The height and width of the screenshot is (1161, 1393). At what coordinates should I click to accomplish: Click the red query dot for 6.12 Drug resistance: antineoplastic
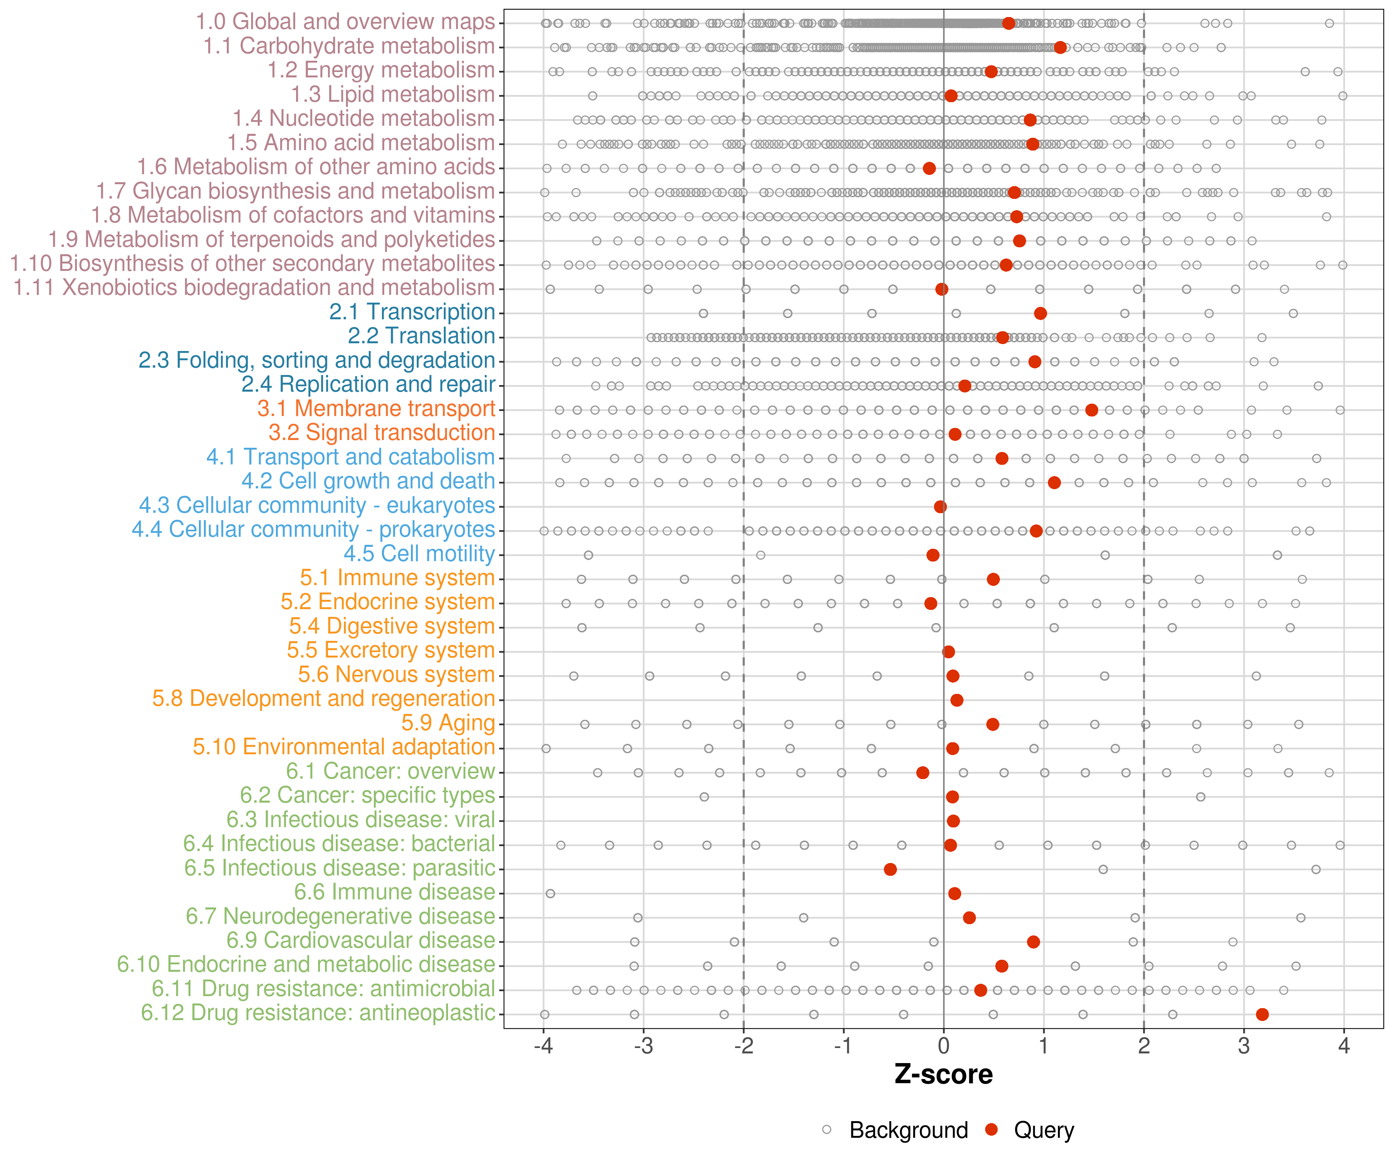pyautogui.click(x=1262, y=1014)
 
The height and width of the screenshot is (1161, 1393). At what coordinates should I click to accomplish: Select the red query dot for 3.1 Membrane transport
pyautogui.click(x=1091, y=410)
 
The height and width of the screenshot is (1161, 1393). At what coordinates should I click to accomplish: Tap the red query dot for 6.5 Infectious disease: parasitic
pyautogui.click(x=890, y=869)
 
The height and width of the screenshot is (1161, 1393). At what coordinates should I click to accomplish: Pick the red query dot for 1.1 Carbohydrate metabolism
pyautogui.click(x=1060, y=47)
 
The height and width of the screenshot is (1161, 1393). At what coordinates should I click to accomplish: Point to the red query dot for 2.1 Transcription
pyautogui.click(x=1040, y=313)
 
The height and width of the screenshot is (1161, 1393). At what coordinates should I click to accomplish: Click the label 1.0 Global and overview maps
pyautogui.click(x=345, y=22)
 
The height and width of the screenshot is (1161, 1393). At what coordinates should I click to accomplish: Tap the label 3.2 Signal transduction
pyautogui.click(x=382, y=433)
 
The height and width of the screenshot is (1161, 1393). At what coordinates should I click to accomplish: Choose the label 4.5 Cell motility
pyautogui.click(x=419, y=554)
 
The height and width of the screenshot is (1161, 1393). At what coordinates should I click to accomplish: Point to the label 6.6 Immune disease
pyautogui.click(x=395, y=892)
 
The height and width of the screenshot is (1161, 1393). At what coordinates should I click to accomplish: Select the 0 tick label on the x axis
pyautogui.click(x=943, y=1047)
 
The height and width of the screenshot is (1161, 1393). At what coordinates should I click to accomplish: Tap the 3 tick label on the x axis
pyautogui.click(x=1244, y=1047)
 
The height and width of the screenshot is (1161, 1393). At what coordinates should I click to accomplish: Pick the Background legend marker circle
pyautogui.click(x=827, y=1130)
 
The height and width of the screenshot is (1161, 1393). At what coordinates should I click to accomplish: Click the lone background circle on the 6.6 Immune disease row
pyautogui.click(x=550, y=894)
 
